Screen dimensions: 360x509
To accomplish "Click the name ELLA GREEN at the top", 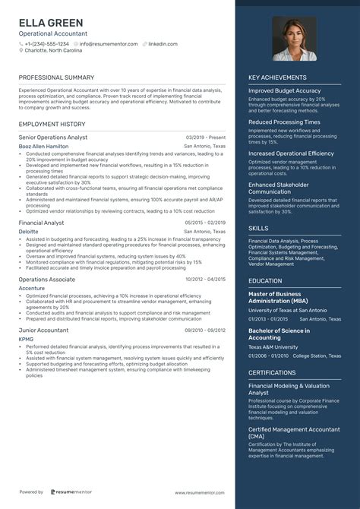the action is pos(51,23).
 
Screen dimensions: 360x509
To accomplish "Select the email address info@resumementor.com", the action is pos(109,44).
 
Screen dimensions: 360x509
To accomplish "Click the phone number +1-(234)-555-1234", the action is pos(46,44).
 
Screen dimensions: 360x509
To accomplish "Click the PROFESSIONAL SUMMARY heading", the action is pos(56,77).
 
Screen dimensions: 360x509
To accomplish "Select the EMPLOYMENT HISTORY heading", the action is pos(52,124).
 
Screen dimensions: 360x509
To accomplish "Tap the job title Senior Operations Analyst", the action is pos(53,138).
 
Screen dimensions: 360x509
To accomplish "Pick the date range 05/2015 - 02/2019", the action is pos(205,223).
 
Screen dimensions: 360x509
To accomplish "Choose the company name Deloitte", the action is pos(30,231).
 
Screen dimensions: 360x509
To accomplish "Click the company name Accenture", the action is pos(32,287).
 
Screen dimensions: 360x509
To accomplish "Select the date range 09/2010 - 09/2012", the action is pos(205,330).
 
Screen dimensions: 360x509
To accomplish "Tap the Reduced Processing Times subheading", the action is pos(284,122).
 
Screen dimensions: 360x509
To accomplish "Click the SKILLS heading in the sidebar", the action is pos(258,228).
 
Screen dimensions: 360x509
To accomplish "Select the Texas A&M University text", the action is pos(273,346).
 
